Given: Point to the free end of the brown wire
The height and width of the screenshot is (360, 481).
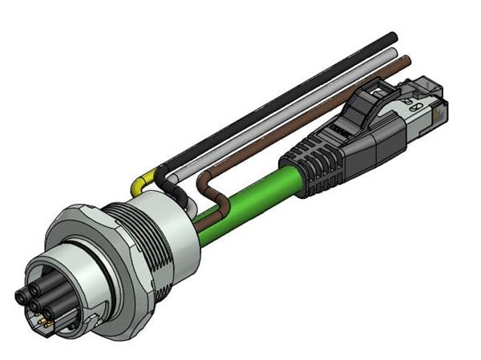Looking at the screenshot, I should pos(406,59).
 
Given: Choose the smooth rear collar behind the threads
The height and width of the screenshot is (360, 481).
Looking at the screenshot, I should pos(172,241).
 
